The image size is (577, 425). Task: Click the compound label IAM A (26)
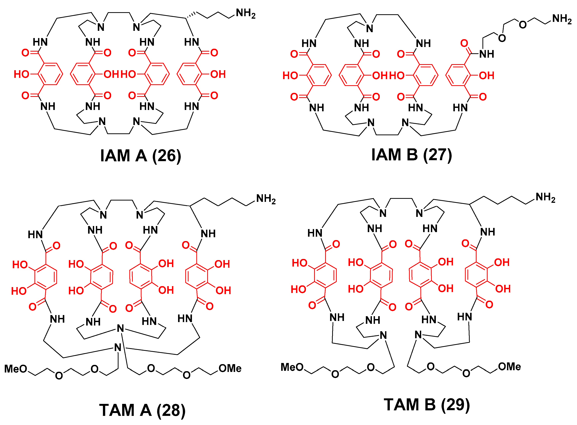click(140, 156)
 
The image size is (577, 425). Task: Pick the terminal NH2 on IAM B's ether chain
click(562, 19)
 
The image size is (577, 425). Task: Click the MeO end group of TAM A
click(16, 369)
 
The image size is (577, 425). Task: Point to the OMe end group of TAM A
click(230, 368)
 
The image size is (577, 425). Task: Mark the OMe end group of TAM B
click(509, 367)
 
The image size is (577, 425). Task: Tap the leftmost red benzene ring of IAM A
click(50, 74)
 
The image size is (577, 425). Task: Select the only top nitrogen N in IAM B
click(369, 29)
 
